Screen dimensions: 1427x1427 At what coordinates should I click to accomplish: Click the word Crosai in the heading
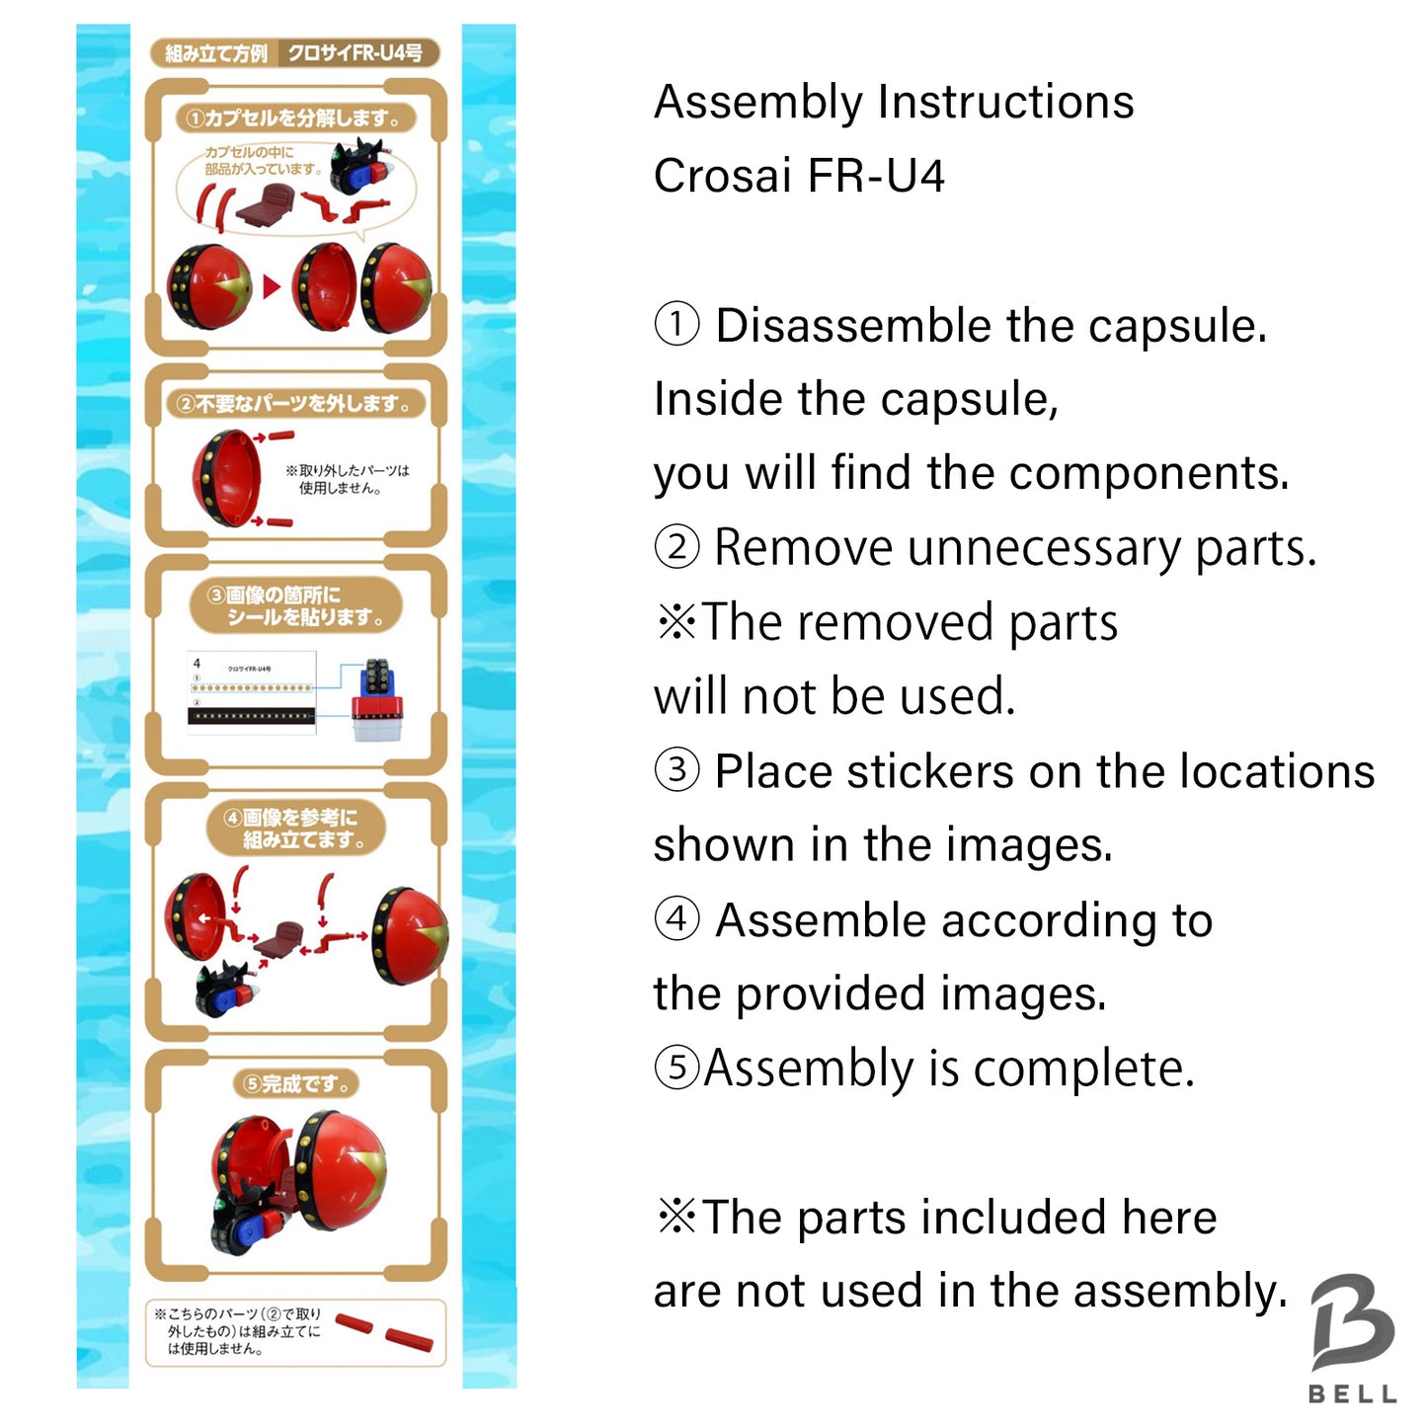tap(722, 177)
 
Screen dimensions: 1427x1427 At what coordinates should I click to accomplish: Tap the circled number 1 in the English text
tap(676, 325)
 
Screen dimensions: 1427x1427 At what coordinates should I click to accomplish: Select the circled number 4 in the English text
tap(676, 920)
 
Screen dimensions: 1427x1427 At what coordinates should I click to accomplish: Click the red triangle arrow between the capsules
tap(271, 287)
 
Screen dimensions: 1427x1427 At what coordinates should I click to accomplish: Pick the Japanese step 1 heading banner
tap(294, 119)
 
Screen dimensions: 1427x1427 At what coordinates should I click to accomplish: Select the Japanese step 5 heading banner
tap(295, 1083)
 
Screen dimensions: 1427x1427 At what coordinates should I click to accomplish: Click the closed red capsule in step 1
tap(208, 287)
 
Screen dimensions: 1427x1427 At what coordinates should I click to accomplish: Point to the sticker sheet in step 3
tap(252, 693)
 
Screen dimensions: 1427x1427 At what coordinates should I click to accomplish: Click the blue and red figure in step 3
tap(377, 701)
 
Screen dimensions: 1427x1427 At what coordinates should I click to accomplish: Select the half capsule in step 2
tap(226, 478)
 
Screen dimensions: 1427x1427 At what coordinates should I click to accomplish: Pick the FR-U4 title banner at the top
tap(294, 53)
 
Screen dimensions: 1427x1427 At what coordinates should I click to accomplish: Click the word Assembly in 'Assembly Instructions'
tap(757, 103)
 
